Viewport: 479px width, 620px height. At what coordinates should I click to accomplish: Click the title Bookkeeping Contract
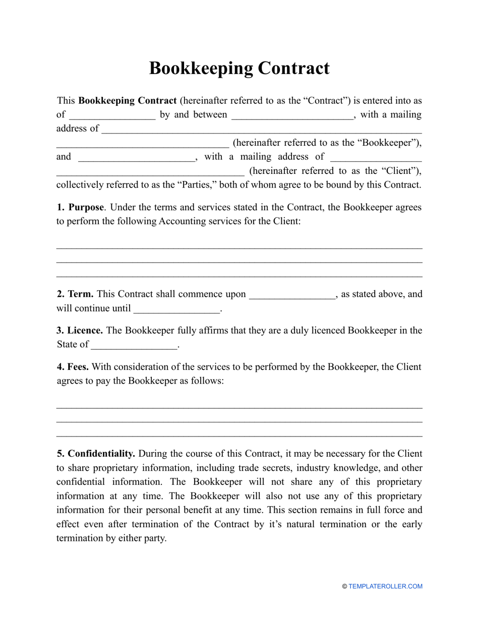pyautogui.click(x=239, y=68)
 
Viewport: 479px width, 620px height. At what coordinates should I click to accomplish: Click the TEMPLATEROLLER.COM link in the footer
pyautogui.click(x=385, y=586)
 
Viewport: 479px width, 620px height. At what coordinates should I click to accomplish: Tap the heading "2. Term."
pyautogui.click(x=75, y=294)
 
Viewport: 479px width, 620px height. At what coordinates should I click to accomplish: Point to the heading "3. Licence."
pyautogui.click(x=80, y=331)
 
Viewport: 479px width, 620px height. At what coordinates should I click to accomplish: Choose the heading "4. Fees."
pyautogui.click(x=73, y=366)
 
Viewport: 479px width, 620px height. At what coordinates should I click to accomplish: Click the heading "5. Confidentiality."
pyautogui.click(x=96, y=454)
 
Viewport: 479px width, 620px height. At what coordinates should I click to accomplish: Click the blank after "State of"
pyautogui.click(x=135, y=345)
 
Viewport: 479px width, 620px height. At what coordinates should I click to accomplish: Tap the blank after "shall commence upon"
pyautogui.click(x=292, y=294)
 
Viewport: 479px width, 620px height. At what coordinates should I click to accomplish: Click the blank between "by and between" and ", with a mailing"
pyautogui.click(x=292, y=115)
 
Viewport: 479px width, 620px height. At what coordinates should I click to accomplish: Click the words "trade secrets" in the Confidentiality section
pyautogui.click(x=282, y=468)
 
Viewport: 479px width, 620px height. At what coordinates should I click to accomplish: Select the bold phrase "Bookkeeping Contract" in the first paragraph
pyautogui.click(x=128, y=101)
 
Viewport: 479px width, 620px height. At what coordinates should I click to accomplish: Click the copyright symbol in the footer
pyautogui.click(x=344, y=586)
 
